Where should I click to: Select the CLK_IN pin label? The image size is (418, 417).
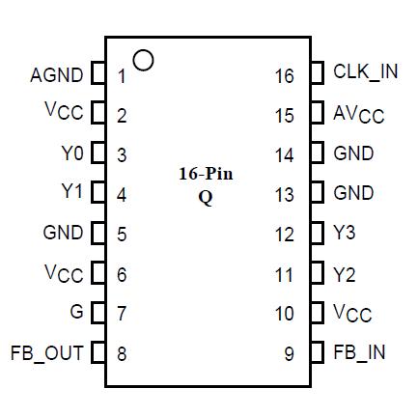pyautogui.click(x=365, y=72)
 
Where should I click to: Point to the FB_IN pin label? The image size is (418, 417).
pyautogui.click(x=359, y=352)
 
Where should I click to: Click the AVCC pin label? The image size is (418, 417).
pyautogui.click(x=358, y=115)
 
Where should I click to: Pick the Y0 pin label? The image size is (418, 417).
pyautogui.click(x=72, y=153)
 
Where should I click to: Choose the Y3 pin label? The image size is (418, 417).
pyautogui.click(x=345, y=234)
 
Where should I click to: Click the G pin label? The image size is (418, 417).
pyautogui.click(x=77, y=313)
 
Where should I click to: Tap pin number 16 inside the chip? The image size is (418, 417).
pyautogui.click(x=284, y=75)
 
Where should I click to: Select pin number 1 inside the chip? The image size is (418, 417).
pyautogui.click(x=122, y=75)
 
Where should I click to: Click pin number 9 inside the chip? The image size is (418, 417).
pyautogui.click(x=289, y=353)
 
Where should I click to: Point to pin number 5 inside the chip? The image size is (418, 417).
pyautogui.click(x=122, y=234)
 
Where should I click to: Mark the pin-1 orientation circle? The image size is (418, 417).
pyautogui.click(x=143, y=60)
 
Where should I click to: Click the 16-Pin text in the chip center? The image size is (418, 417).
pyautogui.click(x=206, y=174)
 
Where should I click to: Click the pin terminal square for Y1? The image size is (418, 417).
pyautogui.click(x=98, y=193)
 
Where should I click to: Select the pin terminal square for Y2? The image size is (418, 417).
pyautogui.click(x=318, y=274)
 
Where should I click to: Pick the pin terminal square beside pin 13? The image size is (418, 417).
pyautogui.click(x=318, y=193)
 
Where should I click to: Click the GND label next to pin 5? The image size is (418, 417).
pyautogui.click(x=64, y=233)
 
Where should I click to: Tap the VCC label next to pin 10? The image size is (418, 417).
pyautogui.click(x=352, y=314)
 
